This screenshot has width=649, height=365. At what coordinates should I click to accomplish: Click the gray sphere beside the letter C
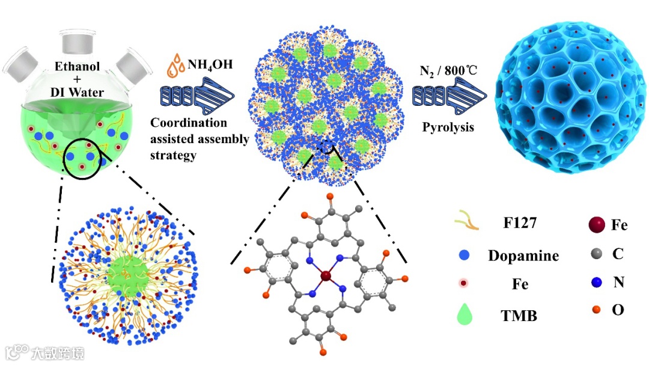[590, 255]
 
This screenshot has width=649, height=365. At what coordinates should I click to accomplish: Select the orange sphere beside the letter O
[590, 310]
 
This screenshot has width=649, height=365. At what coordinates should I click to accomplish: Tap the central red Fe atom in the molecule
[326, 276]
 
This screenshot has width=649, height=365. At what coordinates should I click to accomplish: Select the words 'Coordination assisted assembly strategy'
[198, 139]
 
